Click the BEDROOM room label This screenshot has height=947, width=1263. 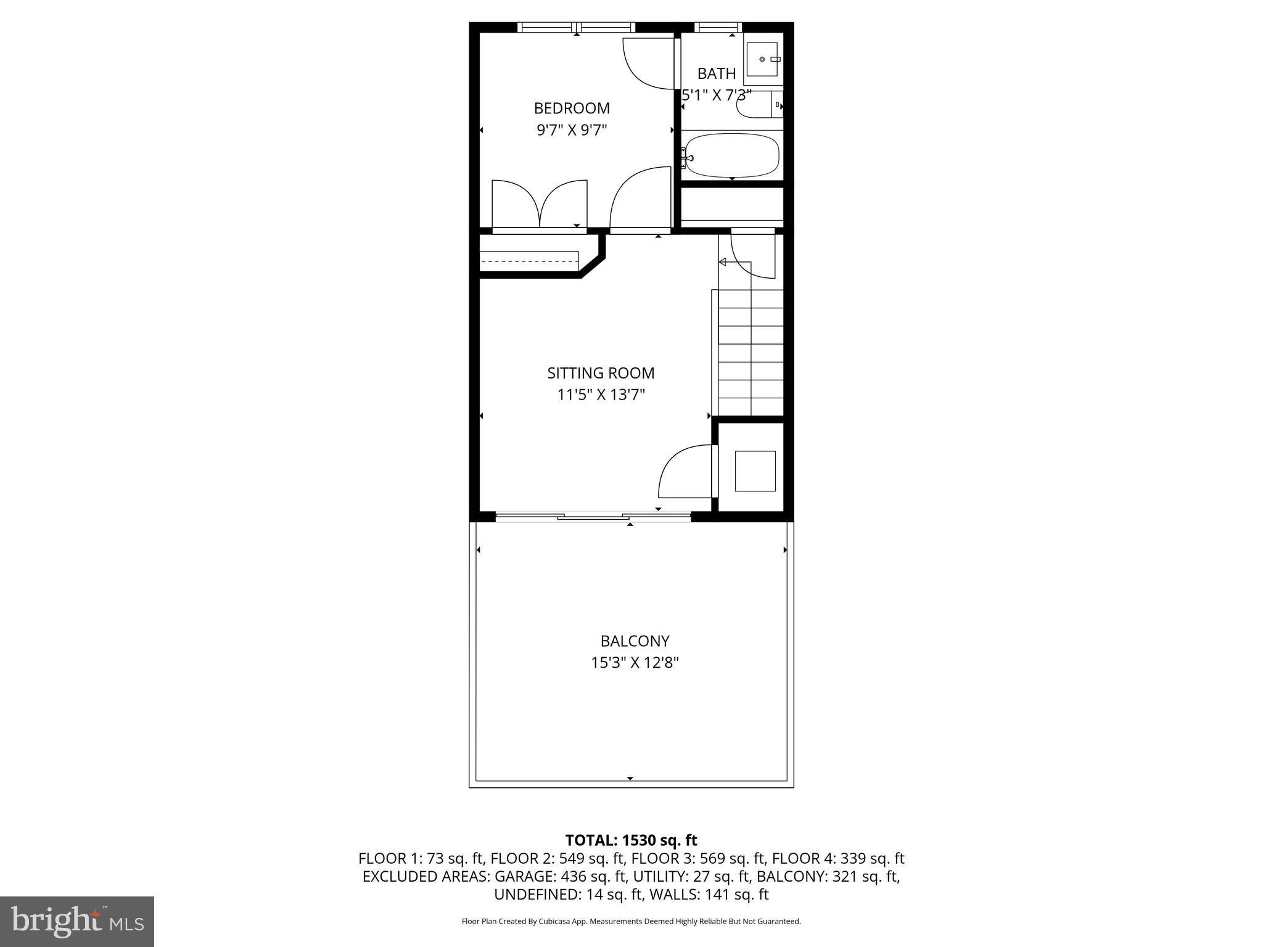[572, 109]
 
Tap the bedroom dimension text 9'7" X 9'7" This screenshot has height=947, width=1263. [572, 130]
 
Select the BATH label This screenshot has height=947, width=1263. [717, 74]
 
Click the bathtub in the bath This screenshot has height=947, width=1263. [732, 155]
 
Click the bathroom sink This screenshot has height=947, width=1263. [763, 59]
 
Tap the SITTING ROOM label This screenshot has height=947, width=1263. [601, 373]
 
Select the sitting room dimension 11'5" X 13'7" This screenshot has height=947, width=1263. [601, 395]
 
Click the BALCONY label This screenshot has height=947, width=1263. [635, 641]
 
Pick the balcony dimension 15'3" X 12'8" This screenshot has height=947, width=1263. [635, 663]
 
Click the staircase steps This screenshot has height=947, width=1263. [751, 351]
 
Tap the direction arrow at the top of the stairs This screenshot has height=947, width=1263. [723, 263]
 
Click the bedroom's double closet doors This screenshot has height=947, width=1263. [540, 205]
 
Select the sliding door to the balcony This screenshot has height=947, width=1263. [593, 517]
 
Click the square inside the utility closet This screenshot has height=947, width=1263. [755, 471]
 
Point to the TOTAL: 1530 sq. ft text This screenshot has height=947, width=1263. [631, 840]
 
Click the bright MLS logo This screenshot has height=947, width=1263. [77, 921]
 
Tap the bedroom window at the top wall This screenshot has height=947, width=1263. [576, 27]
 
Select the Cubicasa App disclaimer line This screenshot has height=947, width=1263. [631, 921]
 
